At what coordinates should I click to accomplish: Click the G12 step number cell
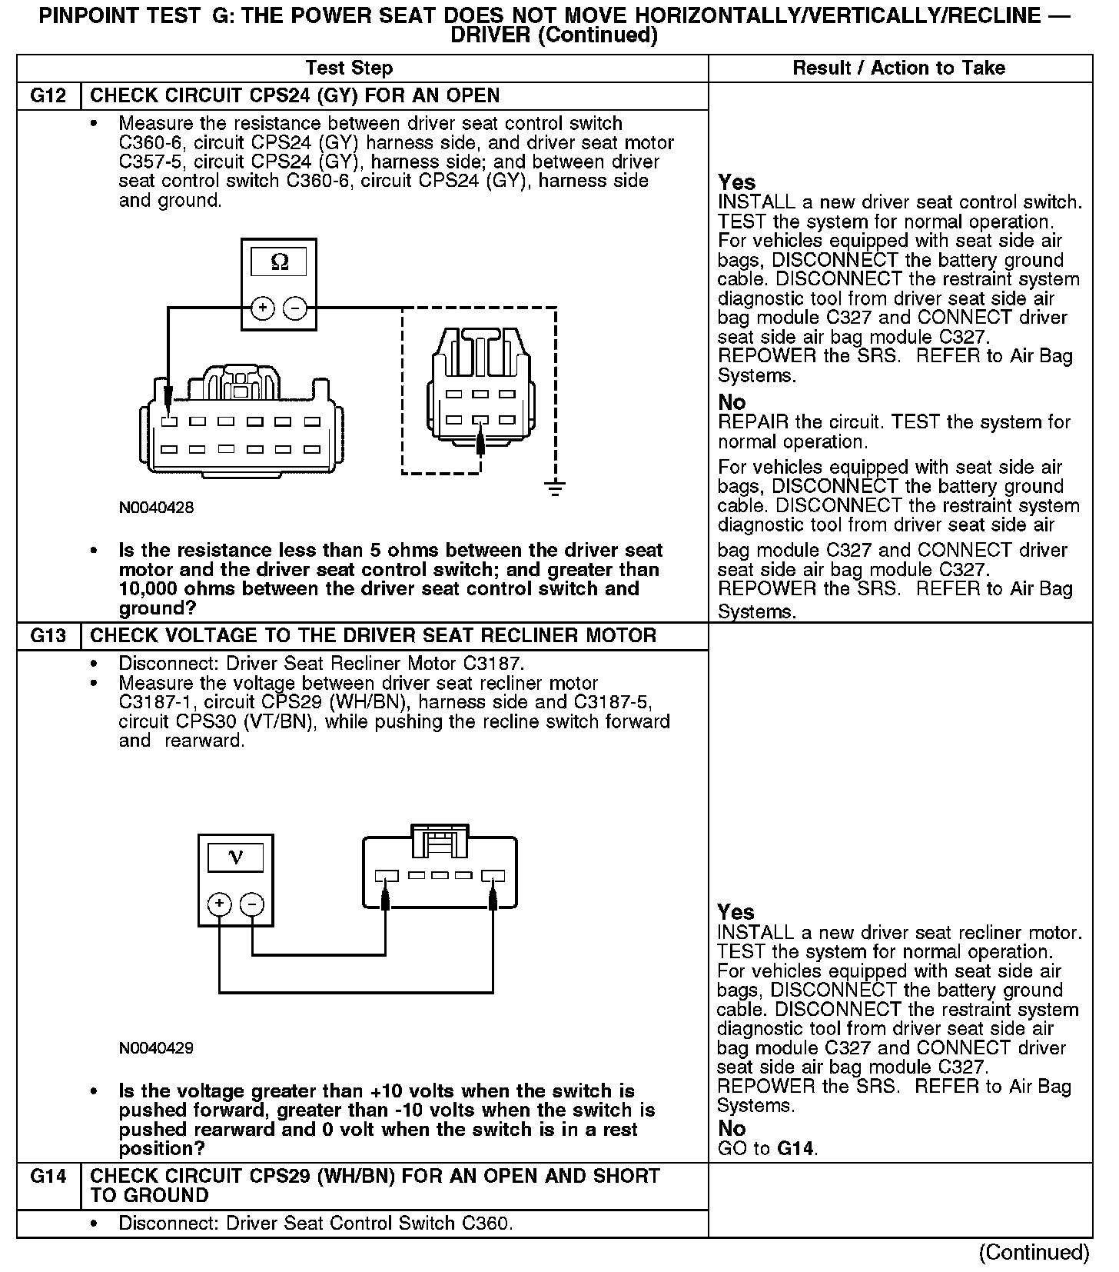point(48,96)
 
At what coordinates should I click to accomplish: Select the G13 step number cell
point(48,636)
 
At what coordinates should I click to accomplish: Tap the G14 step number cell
point(48,1176)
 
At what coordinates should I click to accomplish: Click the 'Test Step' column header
point(349,68)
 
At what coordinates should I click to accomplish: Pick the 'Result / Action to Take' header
point(898,68)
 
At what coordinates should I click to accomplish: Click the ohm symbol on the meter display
point(280,262)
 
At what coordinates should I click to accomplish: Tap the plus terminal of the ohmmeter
point(263,308)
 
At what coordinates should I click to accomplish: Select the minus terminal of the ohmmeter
point(295,308)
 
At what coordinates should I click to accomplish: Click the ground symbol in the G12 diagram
point(555,487)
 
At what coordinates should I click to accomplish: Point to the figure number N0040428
point(156,508)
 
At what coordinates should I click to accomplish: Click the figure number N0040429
point(156,1047)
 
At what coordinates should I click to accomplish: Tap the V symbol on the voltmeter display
point(236,857)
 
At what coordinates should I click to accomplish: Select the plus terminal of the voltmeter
point(220,904)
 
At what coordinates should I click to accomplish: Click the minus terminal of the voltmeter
point(252,904)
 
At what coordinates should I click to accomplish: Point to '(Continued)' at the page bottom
point(1034,1252)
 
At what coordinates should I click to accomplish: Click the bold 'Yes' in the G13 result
point(735,912)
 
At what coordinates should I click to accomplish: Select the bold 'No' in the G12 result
point(732,402)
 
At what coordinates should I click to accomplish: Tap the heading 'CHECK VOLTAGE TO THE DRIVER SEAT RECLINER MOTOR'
point(374,636)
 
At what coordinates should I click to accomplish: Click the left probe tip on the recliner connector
point(386,896)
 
